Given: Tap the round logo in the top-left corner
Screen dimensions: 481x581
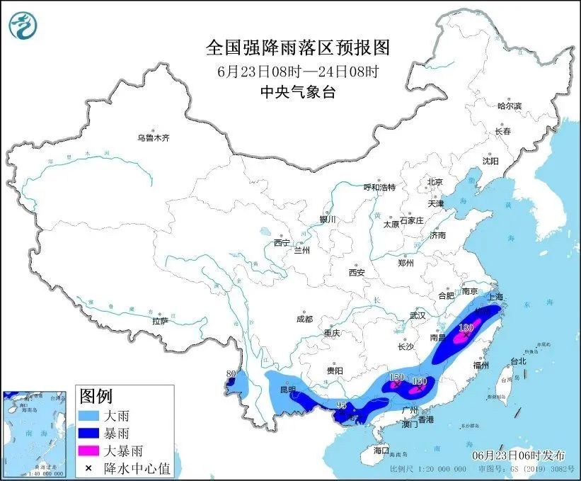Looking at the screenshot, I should (23, 26).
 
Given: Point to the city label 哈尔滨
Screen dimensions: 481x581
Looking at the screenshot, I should (509, 106).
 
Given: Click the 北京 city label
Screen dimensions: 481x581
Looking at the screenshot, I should (435, 182).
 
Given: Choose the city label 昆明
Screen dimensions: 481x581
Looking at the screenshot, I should (287, 390).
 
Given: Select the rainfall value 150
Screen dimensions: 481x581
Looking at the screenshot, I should (396, 378).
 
